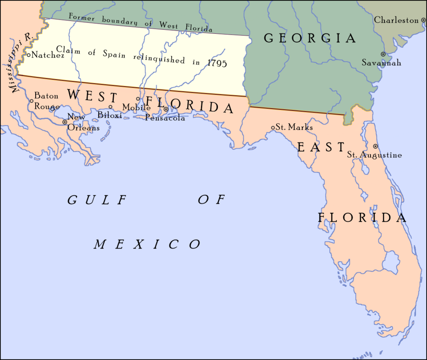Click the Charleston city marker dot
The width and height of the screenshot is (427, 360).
coord(423,20)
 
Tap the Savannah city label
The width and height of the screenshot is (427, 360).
coord(381,63)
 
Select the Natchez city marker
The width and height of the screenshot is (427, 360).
coord(28,55)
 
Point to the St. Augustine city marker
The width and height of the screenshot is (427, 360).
coord(375,146)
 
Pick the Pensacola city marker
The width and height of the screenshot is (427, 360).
coord(166,109)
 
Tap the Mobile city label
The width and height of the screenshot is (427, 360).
coord(137,107)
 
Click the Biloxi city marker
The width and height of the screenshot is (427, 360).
coord(110,107)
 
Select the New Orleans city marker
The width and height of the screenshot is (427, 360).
coord(64,121)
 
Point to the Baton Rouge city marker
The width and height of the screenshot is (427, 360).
coord(31,101)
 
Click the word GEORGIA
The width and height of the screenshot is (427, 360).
coord(310,38)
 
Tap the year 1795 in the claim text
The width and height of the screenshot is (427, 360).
coord(218,64)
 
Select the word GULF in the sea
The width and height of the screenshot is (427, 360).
coord(96,200)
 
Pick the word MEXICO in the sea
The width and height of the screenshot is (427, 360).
coord(147,244)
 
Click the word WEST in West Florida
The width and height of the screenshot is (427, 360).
coord(92,96)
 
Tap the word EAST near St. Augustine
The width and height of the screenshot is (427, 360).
coord(321,147)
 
